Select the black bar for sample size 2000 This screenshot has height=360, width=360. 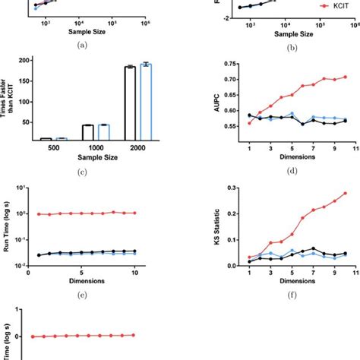(130, 103)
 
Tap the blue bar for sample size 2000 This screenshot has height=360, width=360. (146, 101)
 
